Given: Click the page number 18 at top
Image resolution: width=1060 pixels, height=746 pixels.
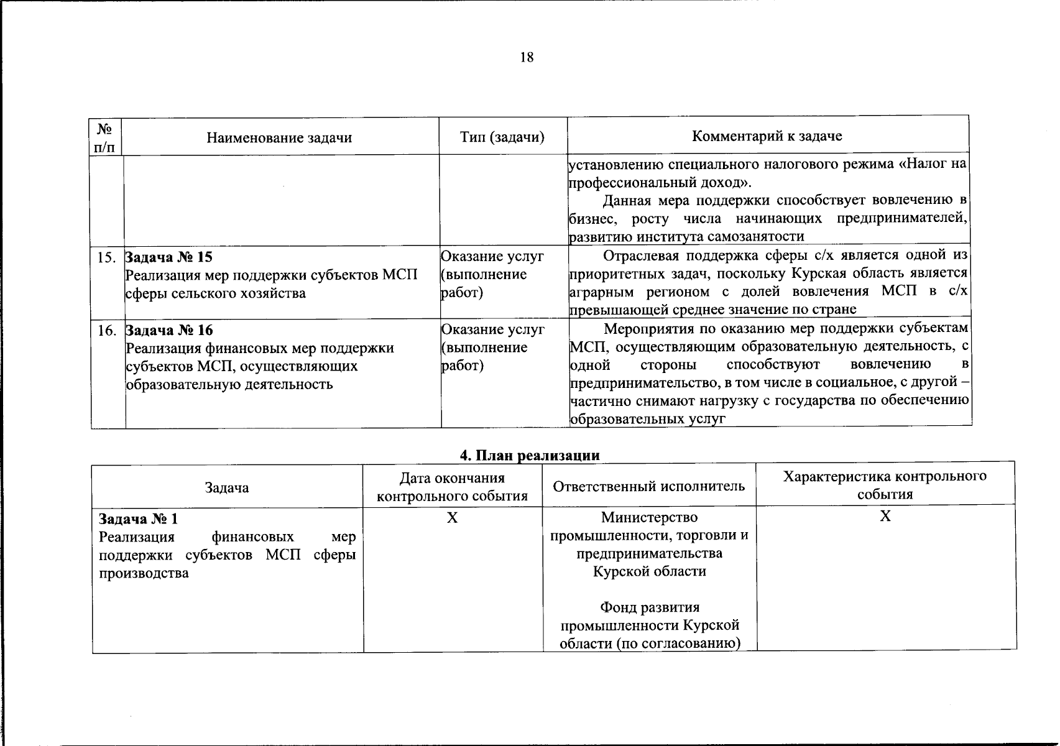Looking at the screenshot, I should (x=526, y=58).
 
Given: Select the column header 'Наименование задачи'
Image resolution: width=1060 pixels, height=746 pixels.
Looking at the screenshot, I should (x=279, y=138).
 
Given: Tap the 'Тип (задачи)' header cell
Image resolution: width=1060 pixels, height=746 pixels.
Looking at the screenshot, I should (x=502, y=137).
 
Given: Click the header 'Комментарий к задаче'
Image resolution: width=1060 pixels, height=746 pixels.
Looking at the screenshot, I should (x=767, y=136).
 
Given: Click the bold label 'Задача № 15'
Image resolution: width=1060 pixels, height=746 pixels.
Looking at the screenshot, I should (x=169, y=257).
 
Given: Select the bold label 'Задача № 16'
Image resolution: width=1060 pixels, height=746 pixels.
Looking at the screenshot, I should (x=169, y=330).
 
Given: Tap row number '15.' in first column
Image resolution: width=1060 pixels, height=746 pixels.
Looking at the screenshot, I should (x=107, y=257).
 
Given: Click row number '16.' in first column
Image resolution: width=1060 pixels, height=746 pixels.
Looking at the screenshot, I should (x=107, y=330).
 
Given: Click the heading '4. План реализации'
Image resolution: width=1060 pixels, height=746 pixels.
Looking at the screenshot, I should (x=530, y=456).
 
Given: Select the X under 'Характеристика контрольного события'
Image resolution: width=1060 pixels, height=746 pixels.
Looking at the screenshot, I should (x=885, y=516).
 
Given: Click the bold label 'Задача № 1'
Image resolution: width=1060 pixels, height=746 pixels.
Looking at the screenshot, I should (x=138, y=518).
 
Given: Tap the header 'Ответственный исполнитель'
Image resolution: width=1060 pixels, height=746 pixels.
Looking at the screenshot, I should (x=648, y=486).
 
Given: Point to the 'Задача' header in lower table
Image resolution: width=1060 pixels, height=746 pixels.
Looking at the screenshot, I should (x=227, y=488).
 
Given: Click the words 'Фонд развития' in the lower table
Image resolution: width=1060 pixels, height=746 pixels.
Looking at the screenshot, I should (x=650, y=607).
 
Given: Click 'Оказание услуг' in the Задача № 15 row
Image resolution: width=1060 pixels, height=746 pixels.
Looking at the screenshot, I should (x=492, y=256).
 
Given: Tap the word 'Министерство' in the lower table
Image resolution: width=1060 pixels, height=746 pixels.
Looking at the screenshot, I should (x=649, y=517).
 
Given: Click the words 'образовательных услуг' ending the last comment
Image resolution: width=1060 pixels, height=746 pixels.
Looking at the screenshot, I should (x=648, y=419).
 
